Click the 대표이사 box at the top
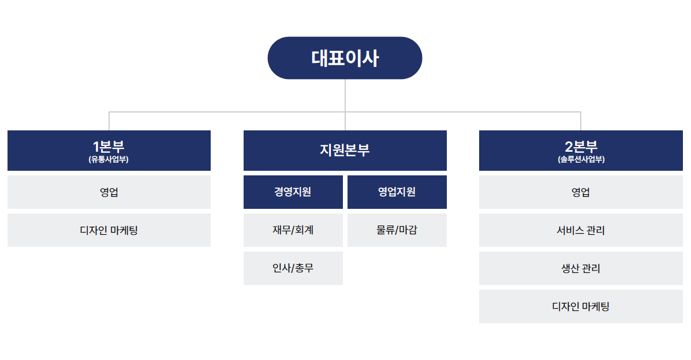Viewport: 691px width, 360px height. click(x=345, y=58)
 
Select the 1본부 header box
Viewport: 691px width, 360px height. click(x=109, y=150)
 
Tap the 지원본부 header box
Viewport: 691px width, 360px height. click(x=345, y=150)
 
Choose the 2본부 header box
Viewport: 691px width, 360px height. click(x=581, y=150)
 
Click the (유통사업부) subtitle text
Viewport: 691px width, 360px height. click(x=109, y=159)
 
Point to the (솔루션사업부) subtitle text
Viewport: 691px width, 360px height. click(x=581, y=159)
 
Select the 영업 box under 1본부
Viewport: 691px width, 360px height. click(x=109, y=192)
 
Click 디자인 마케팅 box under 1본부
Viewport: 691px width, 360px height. click(x=109, y=230)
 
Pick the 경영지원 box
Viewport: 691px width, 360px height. click(x=293, y=192)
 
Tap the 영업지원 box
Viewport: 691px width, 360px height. click(x=397, y=192)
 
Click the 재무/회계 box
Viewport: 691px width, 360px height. click(x=293, y=230)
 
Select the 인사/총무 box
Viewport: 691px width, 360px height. click(x=293, y=268)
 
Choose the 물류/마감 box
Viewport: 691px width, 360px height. click(x=397, y=230)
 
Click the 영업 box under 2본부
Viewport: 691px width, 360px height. click(x=581, y=192)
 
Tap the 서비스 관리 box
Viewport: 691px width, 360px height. click(x=581, y=230)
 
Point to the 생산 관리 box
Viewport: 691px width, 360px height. click(x=581, y=268)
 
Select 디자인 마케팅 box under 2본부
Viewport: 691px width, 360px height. click(x=581, y=306)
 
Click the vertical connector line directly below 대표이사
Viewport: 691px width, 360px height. click(x=345, y=105)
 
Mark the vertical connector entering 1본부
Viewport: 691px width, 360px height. click(x=109, y=121)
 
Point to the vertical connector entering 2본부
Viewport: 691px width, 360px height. click(x=581, y=121)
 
